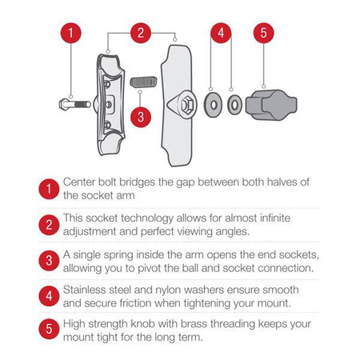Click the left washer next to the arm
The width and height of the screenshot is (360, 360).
pyautogui.click(x=211, y=103)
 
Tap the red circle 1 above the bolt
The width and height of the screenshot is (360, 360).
pyautogui.click(x=70, y=34)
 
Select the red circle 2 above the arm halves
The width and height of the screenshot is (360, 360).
pyautogui.click(x=140, y=34)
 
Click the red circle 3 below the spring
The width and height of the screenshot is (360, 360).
pyautogui.click(x=140, y=116)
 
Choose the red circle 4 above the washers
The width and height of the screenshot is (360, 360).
pyautogui.click(x=222, y=34)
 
